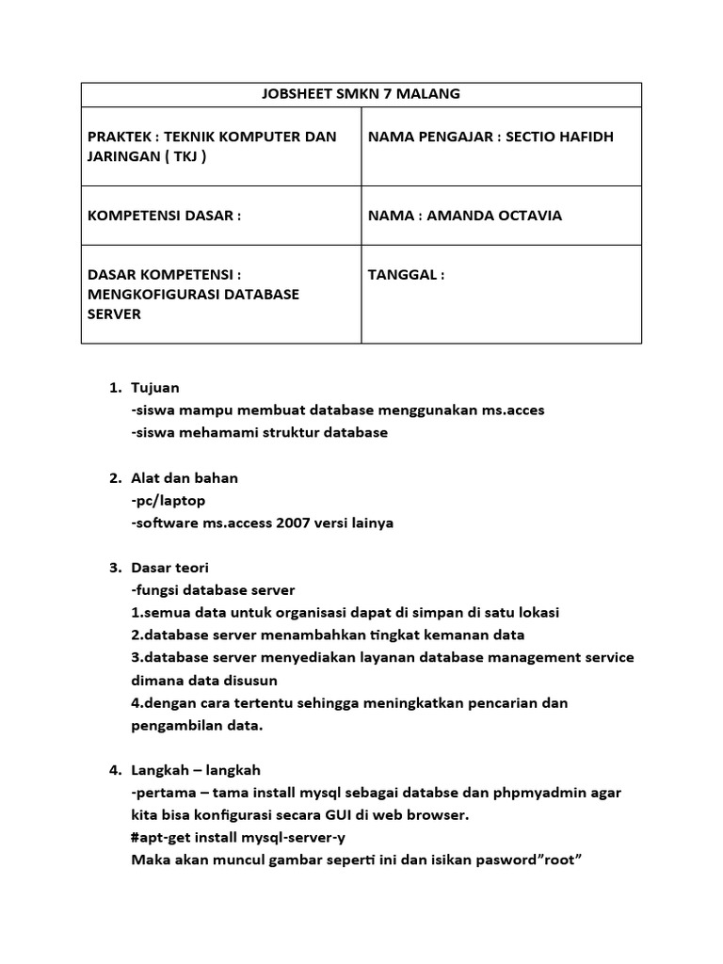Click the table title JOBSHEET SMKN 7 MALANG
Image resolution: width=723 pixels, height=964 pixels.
click(361, 94)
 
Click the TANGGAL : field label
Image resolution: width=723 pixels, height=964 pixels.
click(406, 275)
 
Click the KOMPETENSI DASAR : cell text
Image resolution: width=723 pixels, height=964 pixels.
click(164, 216)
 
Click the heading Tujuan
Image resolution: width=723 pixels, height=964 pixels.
click(155, 388)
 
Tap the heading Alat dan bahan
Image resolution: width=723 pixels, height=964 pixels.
click(185, 478)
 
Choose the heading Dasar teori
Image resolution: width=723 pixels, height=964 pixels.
click(170, 568)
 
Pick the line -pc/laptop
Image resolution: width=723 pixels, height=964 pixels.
click(169, 501)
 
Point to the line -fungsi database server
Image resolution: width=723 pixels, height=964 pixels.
click(214, 590)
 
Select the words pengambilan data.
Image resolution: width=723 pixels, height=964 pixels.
click(197, 726)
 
